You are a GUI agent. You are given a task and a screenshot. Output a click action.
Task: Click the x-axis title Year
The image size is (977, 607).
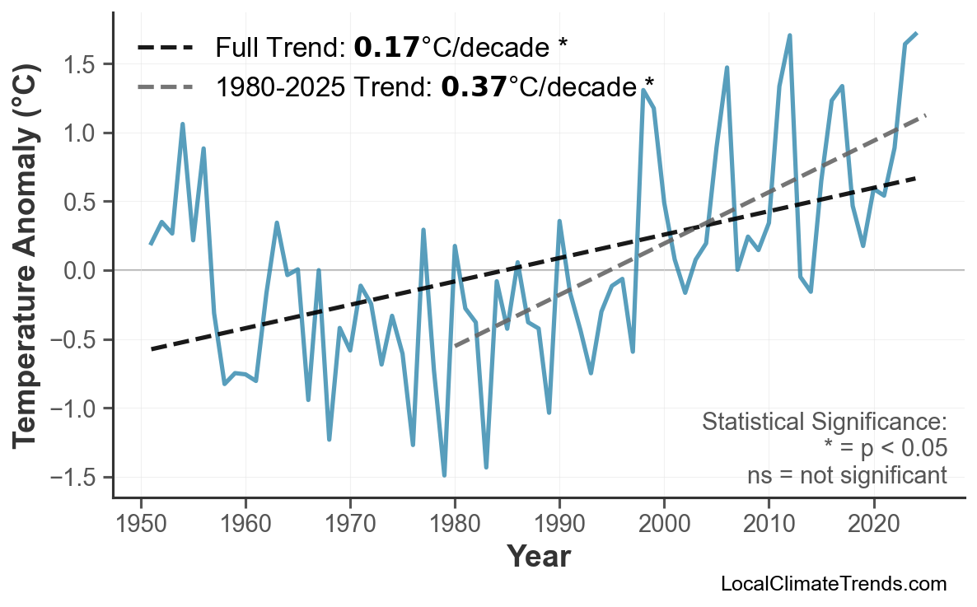tap(538, 557)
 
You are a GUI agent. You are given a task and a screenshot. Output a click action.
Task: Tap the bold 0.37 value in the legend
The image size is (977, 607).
tap(474, 86)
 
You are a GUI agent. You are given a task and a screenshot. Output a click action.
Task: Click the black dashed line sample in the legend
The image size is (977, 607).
tap(166, 48)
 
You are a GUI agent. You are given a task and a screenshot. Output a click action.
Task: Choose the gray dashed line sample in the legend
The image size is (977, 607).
tap(166, 86)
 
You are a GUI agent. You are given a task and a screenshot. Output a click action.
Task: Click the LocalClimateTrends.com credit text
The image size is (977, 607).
tap(833, 585)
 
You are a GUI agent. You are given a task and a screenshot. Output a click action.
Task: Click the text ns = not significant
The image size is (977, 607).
tap(846, 475)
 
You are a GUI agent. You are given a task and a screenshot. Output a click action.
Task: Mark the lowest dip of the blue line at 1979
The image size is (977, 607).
tap(444, 475)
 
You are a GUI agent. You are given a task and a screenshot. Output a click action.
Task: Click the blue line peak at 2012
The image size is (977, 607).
tap(789, 35)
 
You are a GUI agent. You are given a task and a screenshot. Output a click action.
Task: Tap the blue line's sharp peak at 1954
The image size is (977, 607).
tap(182, 124)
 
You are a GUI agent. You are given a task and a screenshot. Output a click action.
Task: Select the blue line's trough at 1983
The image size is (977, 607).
tap(486, 467)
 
